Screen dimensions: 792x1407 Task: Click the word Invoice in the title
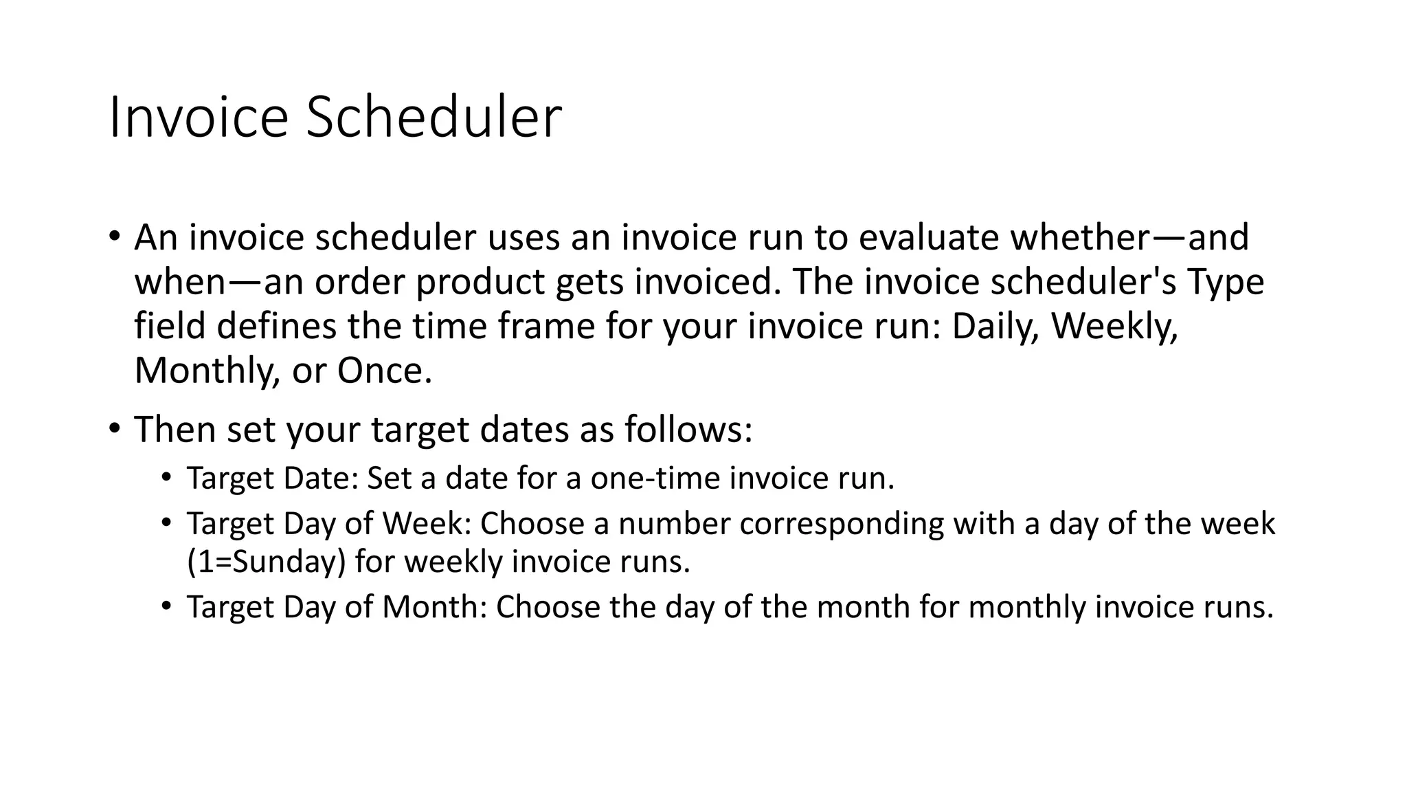[x=198, y=118]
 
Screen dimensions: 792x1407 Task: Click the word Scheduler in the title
[x=434, y=118]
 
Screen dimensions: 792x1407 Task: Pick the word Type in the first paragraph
[x=1225, y=282]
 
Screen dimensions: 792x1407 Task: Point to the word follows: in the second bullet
[x=688, y=430]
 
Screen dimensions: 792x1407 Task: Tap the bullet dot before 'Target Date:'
[x=166, y=478]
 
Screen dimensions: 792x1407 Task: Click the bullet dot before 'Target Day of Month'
[x=166, y=606]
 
